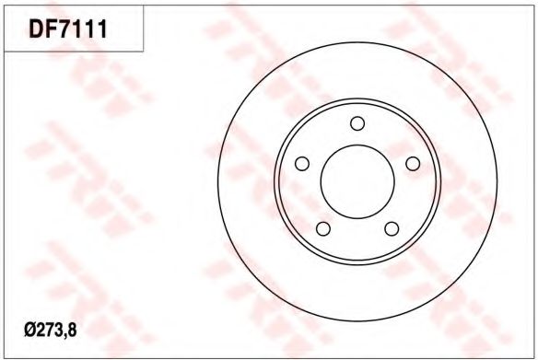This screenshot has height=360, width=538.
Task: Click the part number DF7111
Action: pos(68,29)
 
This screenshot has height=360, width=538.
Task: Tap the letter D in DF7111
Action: pos(36,29)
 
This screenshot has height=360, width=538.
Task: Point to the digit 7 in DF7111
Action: pos(67,29)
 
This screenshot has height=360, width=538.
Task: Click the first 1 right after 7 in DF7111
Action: pos(81,29)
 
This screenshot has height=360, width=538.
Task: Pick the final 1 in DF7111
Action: pos(102,29)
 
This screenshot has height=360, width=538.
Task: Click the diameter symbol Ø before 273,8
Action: pos(30,331)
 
